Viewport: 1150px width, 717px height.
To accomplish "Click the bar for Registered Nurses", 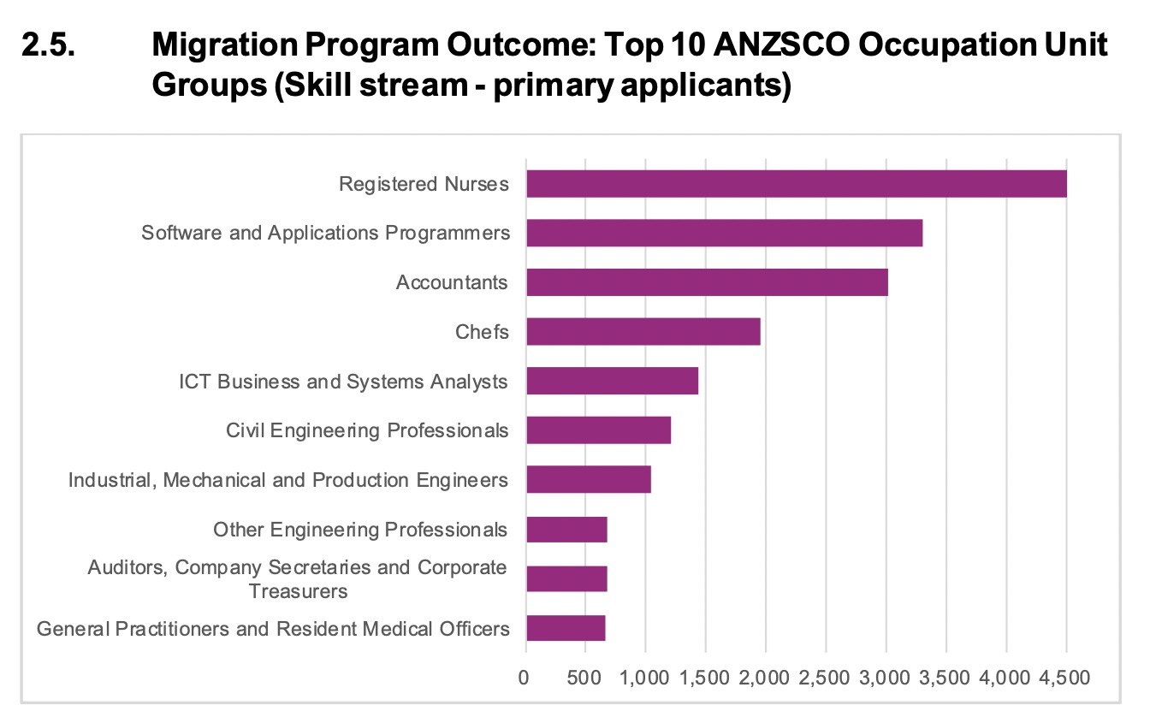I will (796, 184).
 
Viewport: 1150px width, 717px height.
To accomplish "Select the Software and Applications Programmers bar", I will (724, 234).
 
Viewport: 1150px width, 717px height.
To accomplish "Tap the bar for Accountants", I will (707, 282).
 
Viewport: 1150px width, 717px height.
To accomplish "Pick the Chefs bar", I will (643, 332).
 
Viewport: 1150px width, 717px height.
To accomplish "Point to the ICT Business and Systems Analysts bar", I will (612, 381).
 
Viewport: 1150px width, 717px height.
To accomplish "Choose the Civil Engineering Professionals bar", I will (598, 430).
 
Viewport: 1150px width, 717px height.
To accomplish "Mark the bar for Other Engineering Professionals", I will (566, 530).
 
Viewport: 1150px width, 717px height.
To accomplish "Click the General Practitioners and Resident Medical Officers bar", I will (566, 628).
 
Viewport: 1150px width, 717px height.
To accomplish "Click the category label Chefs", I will (483, 332).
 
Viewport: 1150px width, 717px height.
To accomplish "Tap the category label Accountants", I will (452, 282).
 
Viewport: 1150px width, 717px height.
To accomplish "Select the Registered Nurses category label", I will (424, 184).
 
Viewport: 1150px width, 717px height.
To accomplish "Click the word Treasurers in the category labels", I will (298, 590).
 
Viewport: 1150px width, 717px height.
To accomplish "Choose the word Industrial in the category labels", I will (110, 480).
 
